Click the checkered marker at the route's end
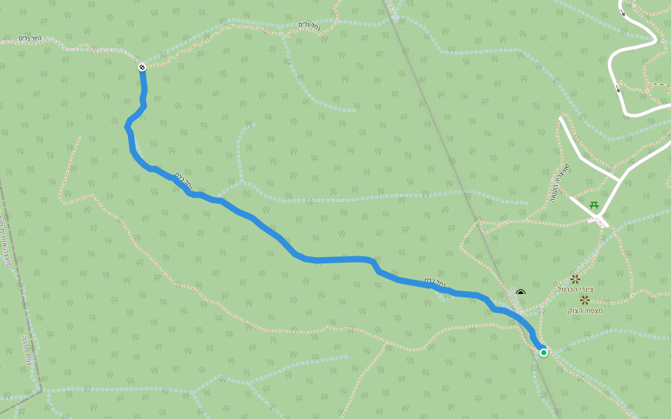click(x=142, y=67)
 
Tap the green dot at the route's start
click(x=544, y=353)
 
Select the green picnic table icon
click(x=593, y=205)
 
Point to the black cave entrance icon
click(x=520, y=293)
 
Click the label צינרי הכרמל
click(x=575, y=289)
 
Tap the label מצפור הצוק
click(x=585, y=310)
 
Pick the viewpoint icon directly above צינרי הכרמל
click(x=575, y=279)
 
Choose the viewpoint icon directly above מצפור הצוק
click(x=584, y=300)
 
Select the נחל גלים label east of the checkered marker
click(x=310, y=24)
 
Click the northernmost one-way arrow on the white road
click(x=622, y=11)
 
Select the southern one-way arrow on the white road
click(x=617, y=89)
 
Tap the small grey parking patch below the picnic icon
click(x=598, y=221)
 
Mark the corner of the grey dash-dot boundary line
click(x=41, y=390)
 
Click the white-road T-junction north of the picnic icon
click(x=621, y=180)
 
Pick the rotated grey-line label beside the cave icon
click(x=518, y=302)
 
